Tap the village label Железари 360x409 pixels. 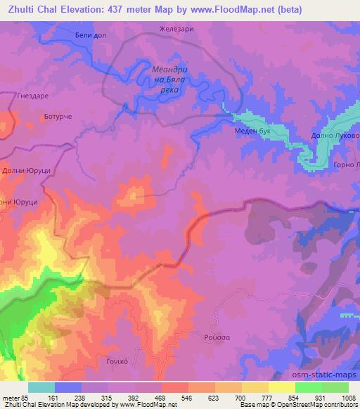pyautogui.click(x=175, y=30)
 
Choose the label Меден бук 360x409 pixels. pyautogui.click(x=252, y=131)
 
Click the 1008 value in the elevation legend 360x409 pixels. pyautogui.click(x=348, y=397)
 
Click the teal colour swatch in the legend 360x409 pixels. pyautogui.click(x=41, y=387)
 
